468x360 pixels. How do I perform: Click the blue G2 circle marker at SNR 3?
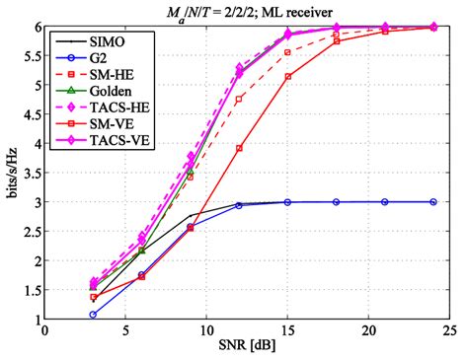click(93, 316)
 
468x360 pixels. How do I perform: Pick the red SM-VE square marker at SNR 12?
click(239, 148)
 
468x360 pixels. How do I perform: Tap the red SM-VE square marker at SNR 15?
click(287, 76)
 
